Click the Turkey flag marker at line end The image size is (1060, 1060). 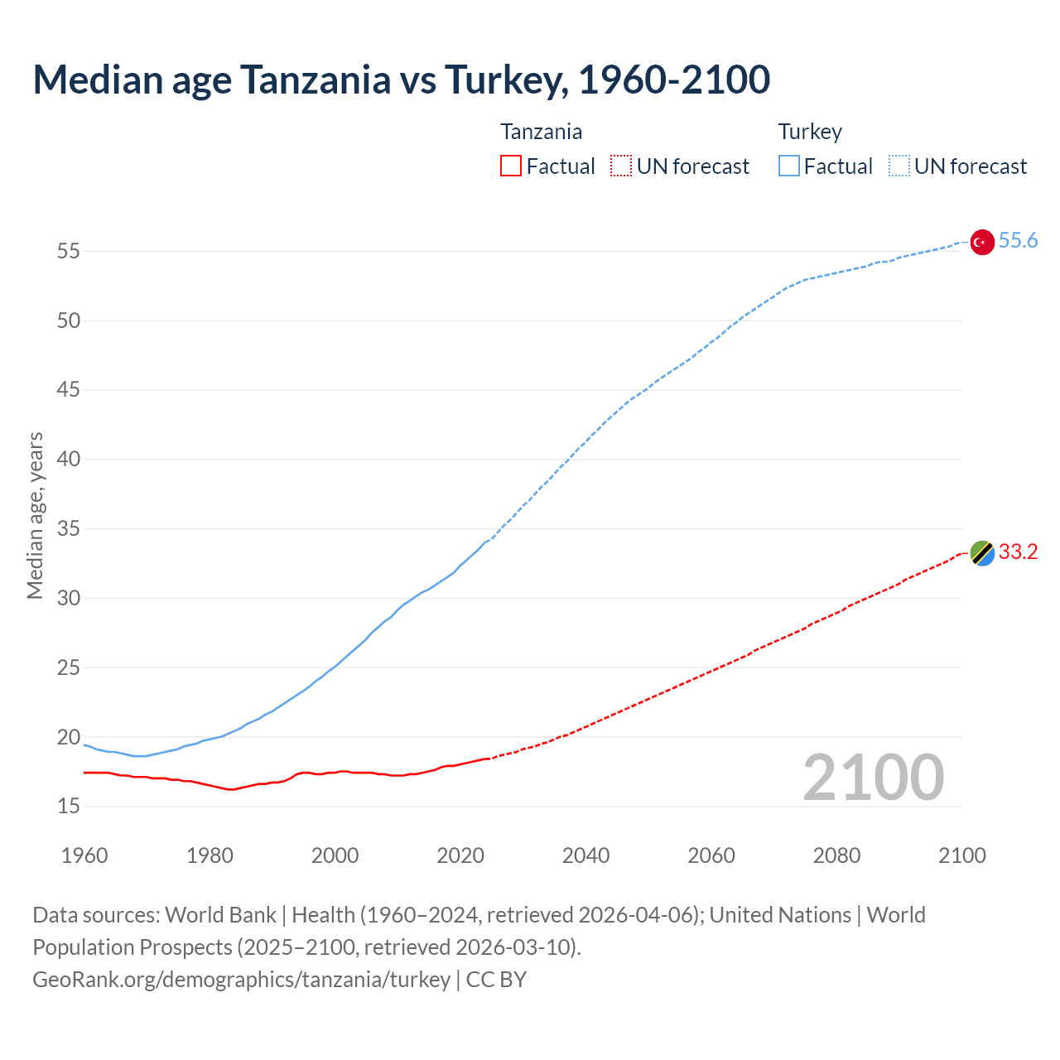point(981,242)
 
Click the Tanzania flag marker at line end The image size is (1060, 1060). point(981,552)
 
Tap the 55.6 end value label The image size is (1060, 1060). point(1018,240)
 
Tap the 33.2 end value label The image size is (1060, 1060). point(1018,552)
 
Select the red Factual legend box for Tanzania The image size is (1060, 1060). point(511,166)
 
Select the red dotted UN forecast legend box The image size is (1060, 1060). point(621,166)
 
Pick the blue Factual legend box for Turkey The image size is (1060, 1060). point(789,166)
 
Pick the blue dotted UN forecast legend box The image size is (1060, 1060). point(899,166)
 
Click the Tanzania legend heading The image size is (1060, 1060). point(541,132)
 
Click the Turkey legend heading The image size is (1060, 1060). point(809,132)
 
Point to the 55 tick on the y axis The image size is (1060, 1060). point(68,251)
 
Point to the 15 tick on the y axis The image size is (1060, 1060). point(68,806)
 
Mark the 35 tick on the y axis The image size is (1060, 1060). point(68,528)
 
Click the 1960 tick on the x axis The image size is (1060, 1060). point(84,855)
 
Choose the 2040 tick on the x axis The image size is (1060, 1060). point(585,855)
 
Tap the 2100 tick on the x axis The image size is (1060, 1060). point(961,855)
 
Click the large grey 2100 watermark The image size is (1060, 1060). point(873,777)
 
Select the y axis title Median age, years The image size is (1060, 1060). point(35,515)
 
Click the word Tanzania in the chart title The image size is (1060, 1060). point(316,79)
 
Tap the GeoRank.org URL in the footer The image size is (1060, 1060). point(241,979)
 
